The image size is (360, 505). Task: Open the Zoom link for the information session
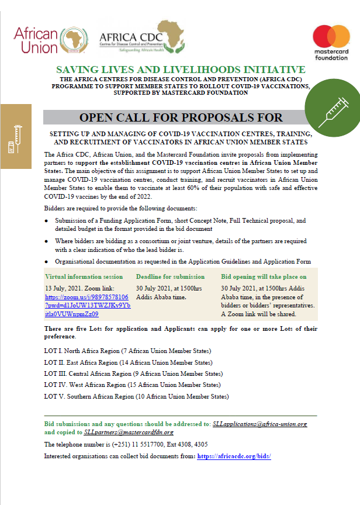pyautogui.click(x=87, y=305)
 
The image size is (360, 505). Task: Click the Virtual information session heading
pyautogui.click(x=84, y=276)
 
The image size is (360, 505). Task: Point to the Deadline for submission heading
pyautogui.click(x=170, y=276)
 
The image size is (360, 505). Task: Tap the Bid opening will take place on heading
pyautogui.click(x=264, y=276)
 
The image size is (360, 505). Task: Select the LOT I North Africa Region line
pyautogui.click(x=127, y=351)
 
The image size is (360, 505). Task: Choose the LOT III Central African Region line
pyautogui.click(x=133, y=373)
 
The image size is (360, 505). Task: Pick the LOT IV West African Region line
pyautogui.click(x=132, y=385)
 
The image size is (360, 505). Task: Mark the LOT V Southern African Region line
pyautogui.click(x=136, y=396)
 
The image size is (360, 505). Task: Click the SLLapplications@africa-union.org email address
pyautogui.click(x=260, y=424)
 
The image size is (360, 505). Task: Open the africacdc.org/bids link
pyautogui.click(x=234, y=455)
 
